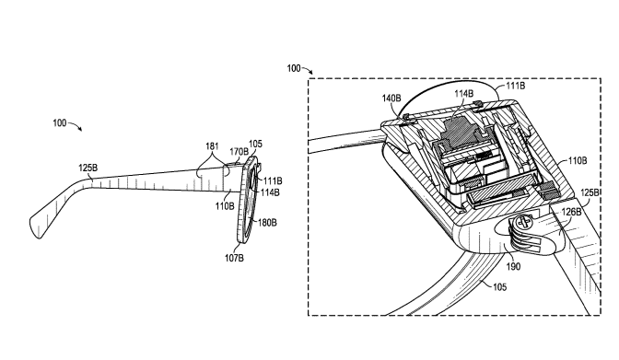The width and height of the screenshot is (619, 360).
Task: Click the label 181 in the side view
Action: [x=212, y=146]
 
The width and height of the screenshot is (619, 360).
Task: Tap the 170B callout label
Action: [x=239, y=152]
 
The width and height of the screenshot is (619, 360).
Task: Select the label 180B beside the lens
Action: [x=267, y=223]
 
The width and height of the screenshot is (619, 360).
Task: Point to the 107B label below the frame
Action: [x=234, y=258]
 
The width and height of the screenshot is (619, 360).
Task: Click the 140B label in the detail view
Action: [x=391, y=98]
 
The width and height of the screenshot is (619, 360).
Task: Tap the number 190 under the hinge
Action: [x=513, y=267]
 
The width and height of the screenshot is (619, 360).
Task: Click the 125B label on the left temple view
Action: [x=88, y=168]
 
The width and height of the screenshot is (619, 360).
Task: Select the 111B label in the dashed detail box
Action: [x=516, y=86]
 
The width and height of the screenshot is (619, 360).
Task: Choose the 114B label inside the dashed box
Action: [x=464, y=94]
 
